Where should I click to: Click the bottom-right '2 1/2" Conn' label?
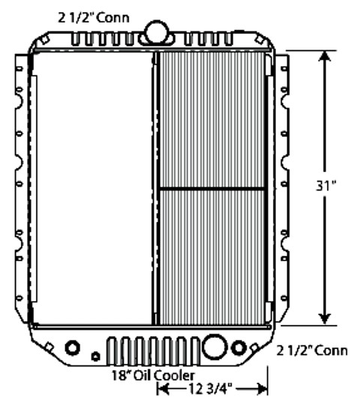tap(312, 350)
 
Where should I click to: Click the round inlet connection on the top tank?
tap(157, 31)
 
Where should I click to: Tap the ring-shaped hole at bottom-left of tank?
tap(73, 347)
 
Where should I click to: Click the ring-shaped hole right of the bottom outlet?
tap(240, 348)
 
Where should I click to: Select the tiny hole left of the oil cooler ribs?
tap(94, 355)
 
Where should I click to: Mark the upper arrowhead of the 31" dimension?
tap(325, 59)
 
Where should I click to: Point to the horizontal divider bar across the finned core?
tap(212, 187)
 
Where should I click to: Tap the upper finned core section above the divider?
tap(212, 120)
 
